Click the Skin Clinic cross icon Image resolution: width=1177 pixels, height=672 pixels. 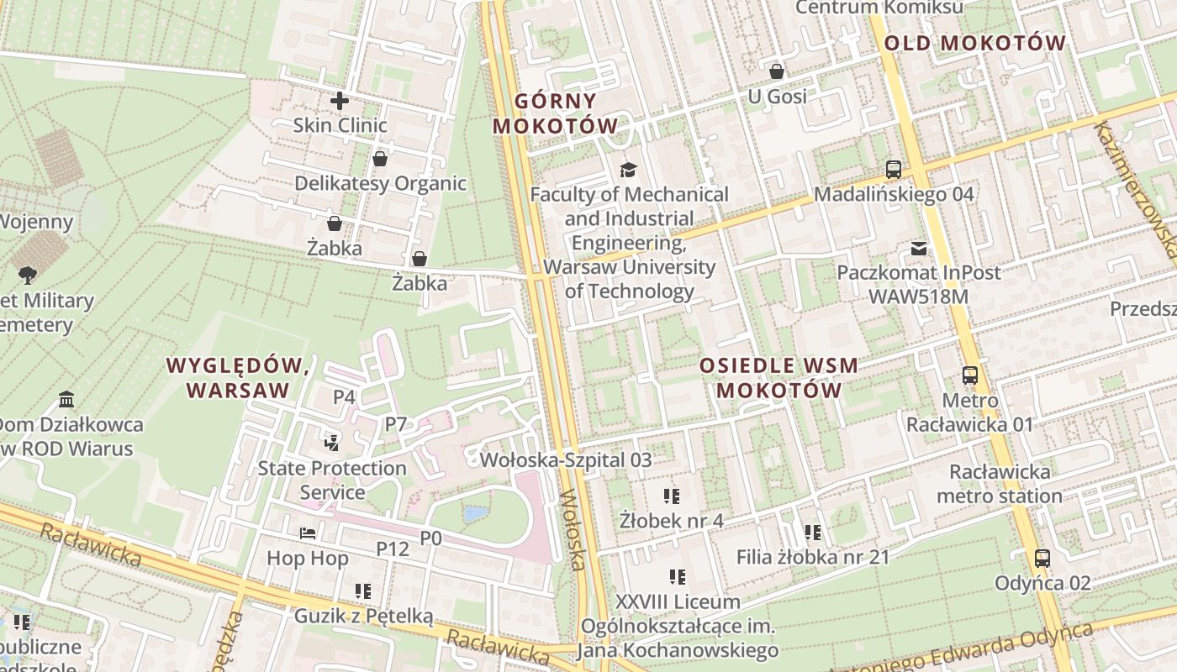pyautogui.click(x=339, y=101)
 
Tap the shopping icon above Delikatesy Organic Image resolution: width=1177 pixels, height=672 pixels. pyautogui.click(x=380, y=159)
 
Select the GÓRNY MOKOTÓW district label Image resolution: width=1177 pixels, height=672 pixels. pyautogui.click(x=555, y=113)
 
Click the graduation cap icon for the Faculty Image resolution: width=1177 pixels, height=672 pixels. pyautogui.click(x=628, y=170)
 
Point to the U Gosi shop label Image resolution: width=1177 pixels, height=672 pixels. pyautogui.click(x=777, y=97)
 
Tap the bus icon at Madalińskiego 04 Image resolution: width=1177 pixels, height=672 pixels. pyautogui.click(x=893, y=170)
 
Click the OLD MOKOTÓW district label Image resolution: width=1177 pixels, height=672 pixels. pyautogui.click(x=974, y=43)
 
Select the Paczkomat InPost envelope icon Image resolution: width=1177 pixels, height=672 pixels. pyautogui.click(x=918, y=249)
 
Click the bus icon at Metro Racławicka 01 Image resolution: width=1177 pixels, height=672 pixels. pyautogui.click(x=969, y=375)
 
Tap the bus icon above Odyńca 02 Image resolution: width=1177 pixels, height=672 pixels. pyautogui.click(x=1042, y=558)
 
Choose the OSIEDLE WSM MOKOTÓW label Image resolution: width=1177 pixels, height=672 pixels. pyautogui.click(x=779, y=378)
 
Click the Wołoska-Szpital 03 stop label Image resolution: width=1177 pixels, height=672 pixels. pyautogui.click(x=565, y=459)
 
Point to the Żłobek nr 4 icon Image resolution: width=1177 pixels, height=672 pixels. pyautogui.click(x=670, y=496)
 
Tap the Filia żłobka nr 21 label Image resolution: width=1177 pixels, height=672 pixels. pyautogui.click(x=812, y=556)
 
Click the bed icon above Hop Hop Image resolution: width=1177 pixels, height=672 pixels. pyautogui.click(x=308, y=533)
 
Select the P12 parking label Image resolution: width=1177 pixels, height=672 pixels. pyautogui.click(x=392, y=549)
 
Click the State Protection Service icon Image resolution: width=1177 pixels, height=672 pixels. pyautogui.click(x=331, y=442)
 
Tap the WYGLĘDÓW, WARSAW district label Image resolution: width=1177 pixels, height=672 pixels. pyautogui.click(x=238, y=378)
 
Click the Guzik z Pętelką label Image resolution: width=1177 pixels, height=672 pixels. pyautogui.click(x=363, y=616)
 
